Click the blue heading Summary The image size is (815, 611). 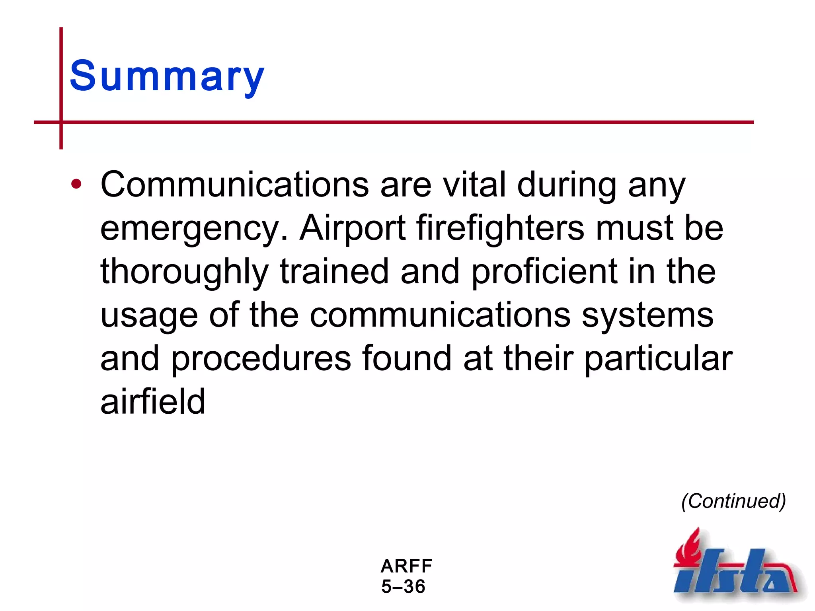[x=167, y=76]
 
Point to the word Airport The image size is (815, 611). [x=353, y=229]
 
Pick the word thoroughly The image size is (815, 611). [x=185, y=272]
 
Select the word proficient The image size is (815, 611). [x=544, y=272]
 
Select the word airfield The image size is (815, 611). [x=153, y=402]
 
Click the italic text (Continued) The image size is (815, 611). [x=733, y=501]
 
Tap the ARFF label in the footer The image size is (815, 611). [x=406, y=566]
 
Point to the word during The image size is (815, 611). [x=567, y=185]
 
